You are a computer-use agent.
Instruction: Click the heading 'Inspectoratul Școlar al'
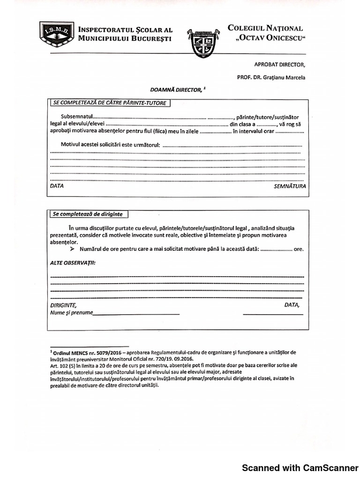coord(125,28)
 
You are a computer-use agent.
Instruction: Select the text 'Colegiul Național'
coord(265,28)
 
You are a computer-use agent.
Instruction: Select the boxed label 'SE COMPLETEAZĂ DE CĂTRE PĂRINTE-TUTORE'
coord(110,103)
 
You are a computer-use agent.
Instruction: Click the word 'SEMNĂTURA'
coord(290,186)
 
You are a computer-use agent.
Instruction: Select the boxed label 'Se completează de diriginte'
coord(88,214)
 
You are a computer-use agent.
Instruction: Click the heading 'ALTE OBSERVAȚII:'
coord(73,263)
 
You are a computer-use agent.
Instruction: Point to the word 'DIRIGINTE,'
coord(63,305)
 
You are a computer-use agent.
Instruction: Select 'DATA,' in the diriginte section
coord(292,305)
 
